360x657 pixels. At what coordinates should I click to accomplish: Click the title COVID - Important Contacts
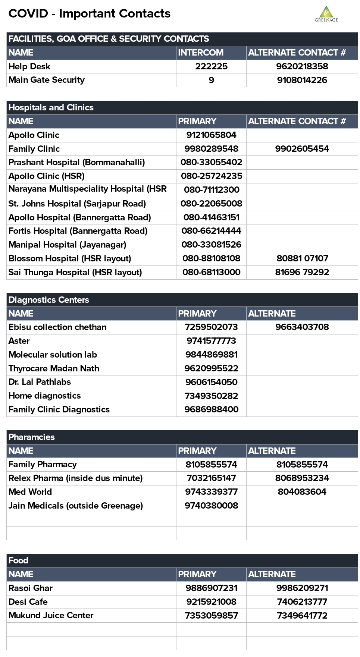[90, 13]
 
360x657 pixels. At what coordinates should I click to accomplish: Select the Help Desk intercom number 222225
[211, 66]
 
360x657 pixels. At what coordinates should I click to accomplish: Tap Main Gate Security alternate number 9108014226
[302, 80]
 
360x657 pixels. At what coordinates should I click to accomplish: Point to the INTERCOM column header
[201, 53]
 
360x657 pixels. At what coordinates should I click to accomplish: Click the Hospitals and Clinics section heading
[51, 107]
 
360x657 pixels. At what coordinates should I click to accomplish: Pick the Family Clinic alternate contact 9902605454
[302, 149]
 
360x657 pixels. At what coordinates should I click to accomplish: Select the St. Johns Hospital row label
[77, 204]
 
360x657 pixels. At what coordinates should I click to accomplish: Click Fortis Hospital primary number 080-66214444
[211, 231]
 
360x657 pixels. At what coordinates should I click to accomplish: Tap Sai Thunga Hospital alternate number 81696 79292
[302, 272]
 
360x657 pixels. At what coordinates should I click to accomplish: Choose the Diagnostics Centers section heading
[49, 300]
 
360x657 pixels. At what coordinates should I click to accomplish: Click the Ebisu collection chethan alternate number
[302, 327]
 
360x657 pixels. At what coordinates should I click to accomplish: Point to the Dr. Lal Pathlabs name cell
[40, 382]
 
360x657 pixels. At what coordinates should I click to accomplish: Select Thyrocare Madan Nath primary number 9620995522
[211, 368]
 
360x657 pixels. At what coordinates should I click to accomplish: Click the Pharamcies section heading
[32, 437]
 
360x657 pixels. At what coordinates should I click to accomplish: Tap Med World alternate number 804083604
[302, 492]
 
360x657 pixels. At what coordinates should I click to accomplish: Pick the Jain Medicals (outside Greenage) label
[76, 506]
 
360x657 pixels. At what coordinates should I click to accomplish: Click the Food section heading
[18, 560]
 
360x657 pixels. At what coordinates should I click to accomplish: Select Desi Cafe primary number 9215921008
[211, 602]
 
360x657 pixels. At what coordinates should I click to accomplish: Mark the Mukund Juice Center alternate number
[302, 616]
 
